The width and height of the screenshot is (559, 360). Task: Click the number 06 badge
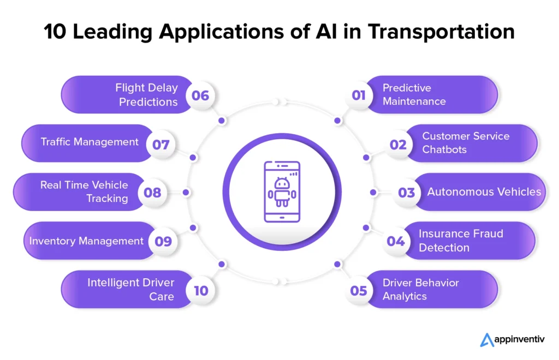[200, 95]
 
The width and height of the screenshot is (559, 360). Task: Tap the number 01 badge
[359, 95]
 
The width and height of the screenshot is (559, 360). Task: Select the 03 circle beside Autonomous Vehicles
[406, 193]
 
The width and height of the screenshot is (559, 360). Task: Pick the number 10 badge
[201, 291]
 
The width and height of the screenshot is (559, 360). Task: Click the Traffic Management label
[90, 142]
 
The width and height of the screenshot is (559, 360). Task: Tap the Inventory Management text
[86, 241]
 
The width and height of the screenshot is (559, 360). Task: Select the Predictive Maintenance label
[414, 94]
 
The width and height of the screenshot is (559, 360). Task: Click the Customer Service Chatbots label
[466, 143]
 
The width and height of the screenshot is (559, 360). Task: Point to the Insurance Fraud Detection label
[461, 241]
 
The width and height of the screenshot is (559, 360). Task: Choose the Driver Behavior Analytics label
[421, 289]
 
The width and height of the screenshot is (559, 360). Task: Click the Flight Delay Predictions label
[146, 95]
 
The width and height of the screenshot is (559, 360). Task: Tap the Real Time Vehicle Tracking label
[84, 191]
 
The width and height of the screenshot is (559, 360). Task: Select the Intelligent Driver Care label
[131, 289]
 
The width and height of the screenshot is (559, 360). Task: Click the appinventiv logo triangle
[486, 340]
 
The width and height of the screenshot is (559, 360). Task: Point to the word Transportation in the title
[441, 31]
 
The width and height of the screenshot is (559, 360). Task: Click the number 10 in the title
[55, 31]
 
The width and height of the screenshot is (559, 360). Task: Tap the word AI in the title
[326, 31]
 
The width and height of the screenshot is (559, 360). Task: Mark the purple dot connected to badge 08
[186, 193]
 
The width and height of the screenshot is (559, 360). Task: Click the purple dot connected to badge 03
[373, 193]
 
